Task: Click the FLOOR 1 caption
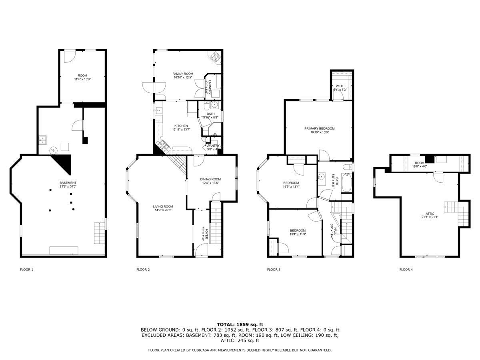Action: coord(26,270)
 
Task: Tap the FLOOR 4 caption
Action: coord(406,270)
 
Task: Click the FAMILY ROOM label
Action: coord(183,74)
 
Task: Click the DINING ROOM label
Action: coord(210,179)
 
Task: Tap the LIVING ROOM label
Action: coord(163,206)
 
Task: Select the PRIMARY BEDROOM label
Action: coord(319,128)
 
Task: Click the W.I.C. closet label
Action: coord(340,86)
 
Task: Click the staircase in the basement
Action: coord(99,233)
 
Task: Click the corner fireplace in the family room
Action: coord(216,57)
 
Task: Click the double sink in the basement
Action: coord(43,140)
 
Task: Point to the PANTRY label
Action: coord(213,146)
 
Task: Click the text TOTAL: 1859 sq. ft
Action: coord(240,324)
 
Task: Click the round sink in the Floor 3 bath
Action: coord(322,176)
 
